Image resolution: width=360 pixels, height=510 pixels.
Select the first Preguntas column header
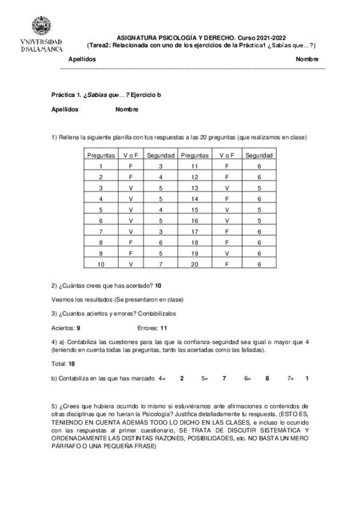coord(101,155)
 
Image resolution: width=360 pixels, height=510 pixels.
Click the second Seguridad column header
coord(259,155)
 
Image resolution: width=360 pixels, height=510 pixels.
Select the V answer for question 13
coord(227,188)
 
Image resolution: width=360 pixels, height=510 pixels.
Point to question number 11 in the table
coord(195,166)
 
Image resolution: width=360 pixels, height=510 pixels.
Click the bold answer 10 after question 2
coord(158,285)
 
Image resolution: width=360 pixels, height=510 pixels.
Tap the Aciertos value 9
coord(79,328)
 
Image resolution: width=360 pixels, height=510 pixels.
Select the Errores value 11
coord(163,328)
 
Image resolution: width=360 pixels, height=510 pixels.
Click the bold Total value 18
coord(72,364)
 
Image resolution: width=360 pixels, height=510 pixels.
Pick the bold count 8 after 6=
coord(267,378)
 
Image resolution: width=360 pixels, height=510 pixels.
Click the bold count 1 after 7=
coord(307,378)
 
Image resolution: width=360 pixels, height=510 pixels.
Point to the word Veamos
coord(63,300)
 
